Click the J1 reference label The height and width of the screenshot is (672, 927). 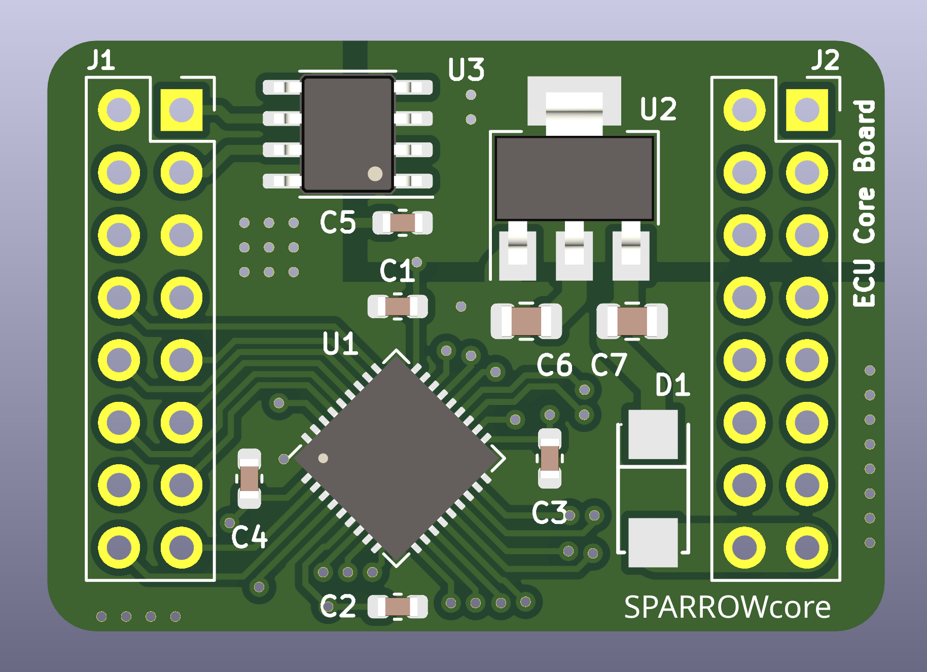pos(101,61)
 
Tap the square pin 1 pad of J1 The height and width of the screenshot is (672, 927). pos(181,110)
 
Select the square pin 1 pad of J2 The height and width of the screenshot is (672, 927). pos(807,110)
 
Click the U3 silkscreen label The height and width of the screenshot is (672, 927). pos(466,69)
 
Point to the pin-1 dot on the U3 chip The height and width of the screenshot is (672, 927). pos(375,174)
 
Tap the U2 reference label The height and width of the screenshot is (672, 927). pos(658,109)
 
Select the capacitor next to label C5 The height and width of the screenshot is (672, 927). pos(402,223)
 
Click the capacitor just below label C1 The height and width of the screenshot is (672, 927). pos(398,307)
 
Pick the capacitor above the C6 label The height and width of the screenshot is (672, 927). pos(526,321)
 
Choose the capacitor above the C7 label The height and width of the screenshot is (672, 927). pos(632,321)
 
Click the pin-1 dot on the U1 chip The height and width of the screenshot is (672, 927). pos(323,458)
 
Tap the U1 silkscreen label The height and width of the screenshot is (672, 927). pos(340,344)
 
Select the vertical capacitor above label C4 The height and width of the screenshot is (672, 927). pos(249,478)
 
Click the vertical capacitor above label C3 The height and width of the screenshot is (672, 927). pos(550,458)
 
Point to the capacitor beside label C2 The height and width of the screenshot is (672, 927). pos(398,607)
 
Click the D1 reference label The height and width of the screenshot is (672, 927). pos(672,385)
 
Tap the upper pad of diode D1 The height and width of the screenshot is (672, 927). pos(653,435)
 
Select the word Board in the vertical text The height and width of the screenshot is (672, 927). pos(865,136)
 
